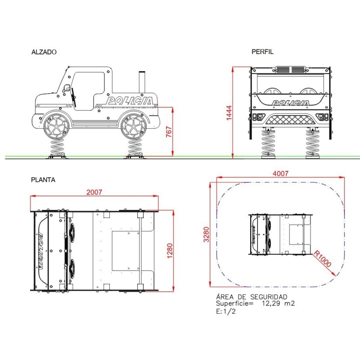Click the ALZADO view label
click(x=44, y=52)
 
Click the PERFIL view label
click(x=262, y=52)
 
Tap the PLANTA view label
click(x=43, y=180)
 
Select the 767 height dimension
click(x=169, y=131)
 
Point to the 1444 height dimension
click(x=229, y=113)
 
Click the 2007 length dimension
click(x=94, y=192)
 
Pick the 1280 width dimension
click(x=170, y=251)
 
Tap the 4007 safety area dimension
click(x=280, y=173)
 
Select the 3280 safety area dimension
click(x=207, y=234)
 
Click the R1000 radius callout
click(x=322, y=259)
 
